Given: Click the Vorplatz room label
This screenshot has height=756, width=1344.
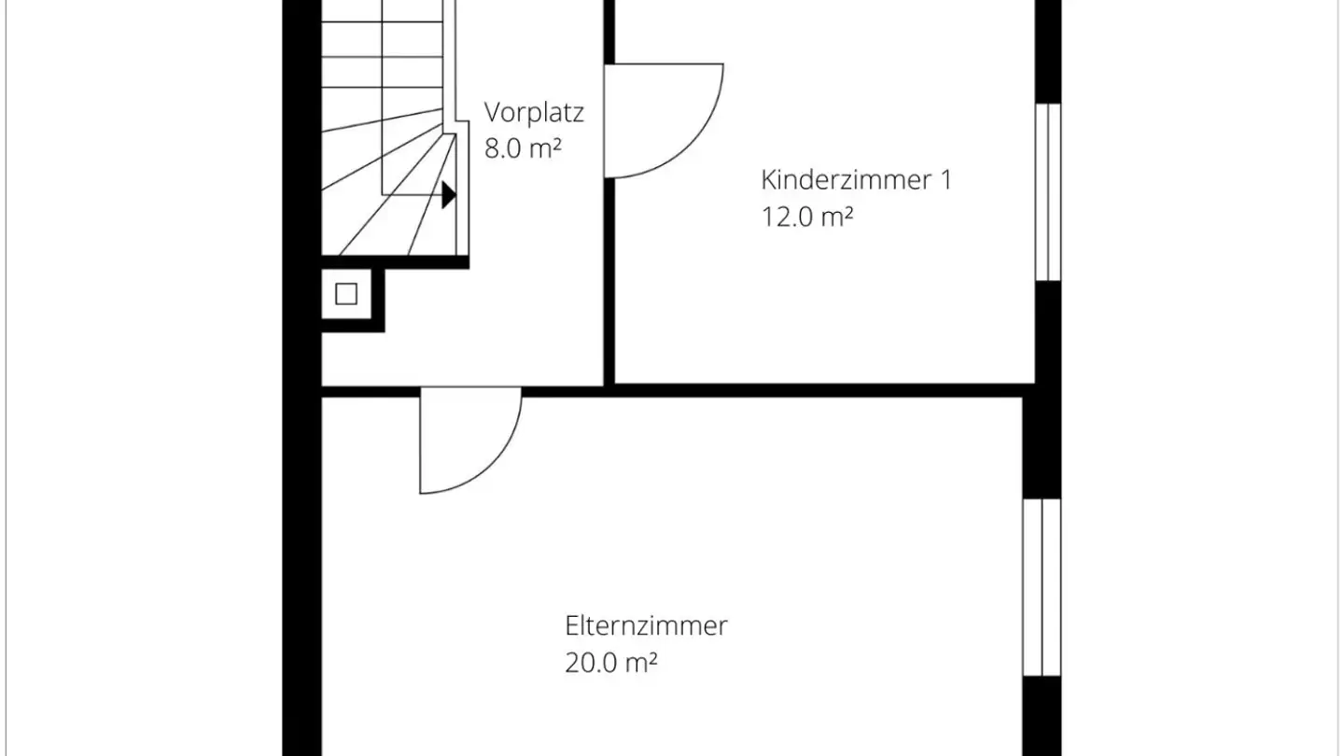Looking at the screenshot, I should pyautogui.click(x=534, y=113).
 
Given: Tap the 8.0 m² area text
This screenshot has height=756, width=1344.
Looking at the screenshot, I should pyautogui.click(x=522, y=148).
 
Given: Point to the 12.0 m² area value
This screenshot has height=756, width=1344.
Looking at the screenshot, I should pyautogui.click(x=806, y=217).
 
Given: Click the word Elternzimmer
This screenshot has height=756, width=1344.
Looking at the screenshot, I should pyautogui.click(x=646, y=625).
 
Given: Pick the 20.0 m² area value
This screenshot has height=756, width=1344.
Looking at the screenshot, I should pyautogui.click(x=610, y=664).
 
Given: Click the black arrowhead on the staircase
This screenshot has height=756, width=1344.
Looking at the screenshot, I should pyautogui.click(x=448, y=194).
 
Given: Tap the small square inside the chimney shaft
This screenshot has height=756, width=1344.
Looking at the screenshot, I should pyautogui.click(x=346, y=294).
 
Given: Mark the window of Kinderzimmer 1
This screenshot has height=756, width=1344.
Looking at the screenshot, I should pyautogui.click(x=1049, y=191).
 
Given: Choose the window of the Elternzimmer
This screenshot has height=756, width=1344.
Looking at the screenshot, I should pyautogui.click(x=1042, y=586).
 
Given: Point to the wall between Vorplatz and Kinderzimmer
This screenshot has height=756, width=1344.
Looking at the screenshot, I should pyautogui.click(x=609, y=280).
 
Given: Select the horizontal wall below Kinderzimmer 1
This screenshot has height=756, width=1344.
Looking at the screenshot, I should pyautogui.click(x=821, y=390).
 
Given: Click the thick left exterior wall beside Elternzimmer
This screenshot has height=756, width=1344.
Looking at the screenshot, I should pyautogui.click(x=302, y=579).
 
